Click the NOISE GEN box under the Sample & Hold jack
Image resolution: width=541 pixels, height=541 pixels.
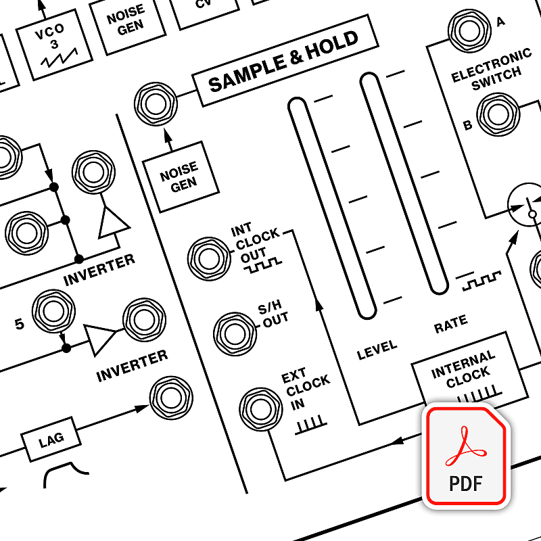[x=180, y=176]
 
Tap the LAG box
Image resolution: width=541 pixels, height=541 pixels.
[x=51, y=440]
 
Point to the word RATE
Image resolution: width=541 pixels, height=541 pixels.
[x=451, y=325]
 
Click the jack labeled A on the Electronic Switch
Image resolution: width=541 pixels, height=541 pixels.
[x=468, y=29]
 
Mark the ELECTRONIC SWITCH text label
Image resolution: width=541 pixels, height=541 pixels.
[x=492, y=70]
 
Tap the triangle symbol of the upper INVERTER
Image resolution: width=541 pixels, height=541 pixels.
[x=113, y=223]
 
